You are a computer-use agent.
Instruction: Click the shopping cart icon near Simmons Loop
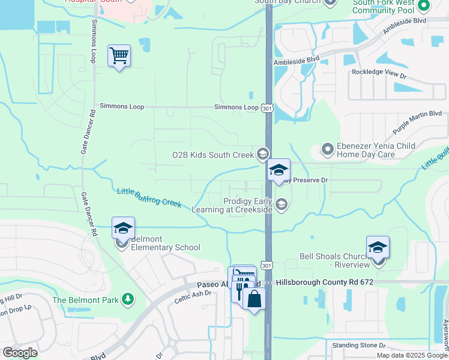[119, 56]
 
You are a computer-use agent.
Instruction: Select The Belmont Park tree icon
[127, 299]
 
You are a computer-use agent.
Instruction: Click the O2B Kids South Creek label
[213, 154]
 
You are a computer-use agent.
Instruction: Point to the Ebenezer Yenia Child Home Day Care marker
[327, 148]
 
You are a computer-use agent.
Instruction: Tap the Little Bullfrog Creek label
[149, 197]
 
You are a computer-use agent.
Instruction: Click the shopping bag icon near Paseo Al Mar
[255, 298]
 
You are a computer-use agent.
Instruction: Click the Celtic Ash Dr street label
[193, 296]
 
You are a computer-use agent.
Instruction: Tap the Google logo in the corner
[20, 353]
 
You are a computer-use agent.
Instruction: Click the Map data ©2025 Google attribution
[411, 355]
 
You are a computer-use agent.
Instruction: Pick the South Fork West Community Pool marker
[424, 6]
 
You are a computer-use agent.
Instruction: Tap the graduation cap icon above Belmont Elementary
[123, 228]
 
